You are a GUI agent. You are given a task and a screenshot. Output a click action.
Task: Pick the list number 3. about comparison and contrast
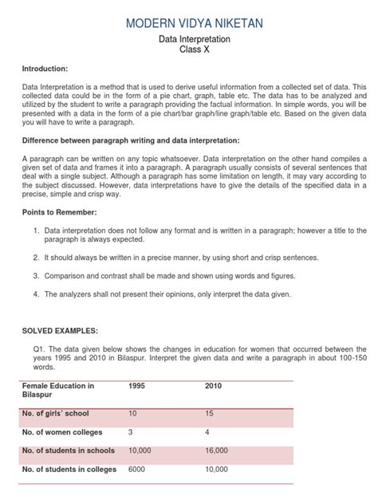[37, 275]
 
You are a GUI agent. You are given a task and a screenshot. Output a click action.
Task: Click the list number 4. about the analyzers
[37, 293]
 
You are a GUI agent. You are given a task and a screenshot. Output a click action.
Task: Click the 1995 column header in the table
[138, 386]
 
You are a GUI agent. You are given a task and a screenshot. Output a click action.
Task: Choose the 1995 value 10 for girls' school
[133, 414]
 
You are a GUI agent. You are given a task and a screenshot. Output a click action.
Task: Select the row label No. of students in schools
[69, 451]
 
